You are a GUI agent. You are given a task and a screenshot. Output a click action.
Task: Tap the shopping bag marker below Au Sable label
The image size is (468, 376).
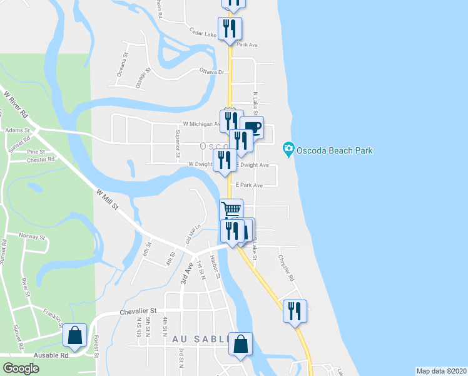tap(240, 343)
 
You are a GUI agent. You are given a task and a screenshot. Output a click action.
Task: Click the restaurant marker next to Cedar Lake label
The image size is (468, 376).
tap(230, 29)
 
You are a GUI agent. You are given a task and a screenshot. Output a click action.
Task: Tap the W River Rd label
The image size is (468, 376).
tap(16, 106)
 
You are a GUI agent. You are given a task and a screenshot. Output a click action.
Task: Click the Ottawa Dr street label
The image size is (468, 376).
tap(211, 72)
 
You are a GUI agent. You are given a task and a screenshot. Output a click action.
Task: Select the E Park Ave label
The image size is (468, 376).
tap(249, 185)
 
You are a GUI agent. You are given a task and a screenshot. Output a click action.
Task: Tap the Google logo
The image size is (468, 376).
tap(21, 368)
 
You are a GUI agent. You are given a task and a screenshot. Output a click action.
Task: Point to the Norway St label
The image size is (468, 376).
tap(33, 237)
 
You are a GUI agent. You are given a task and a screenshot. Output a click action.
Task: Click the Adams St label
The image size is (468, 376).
tap(13, 130)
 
